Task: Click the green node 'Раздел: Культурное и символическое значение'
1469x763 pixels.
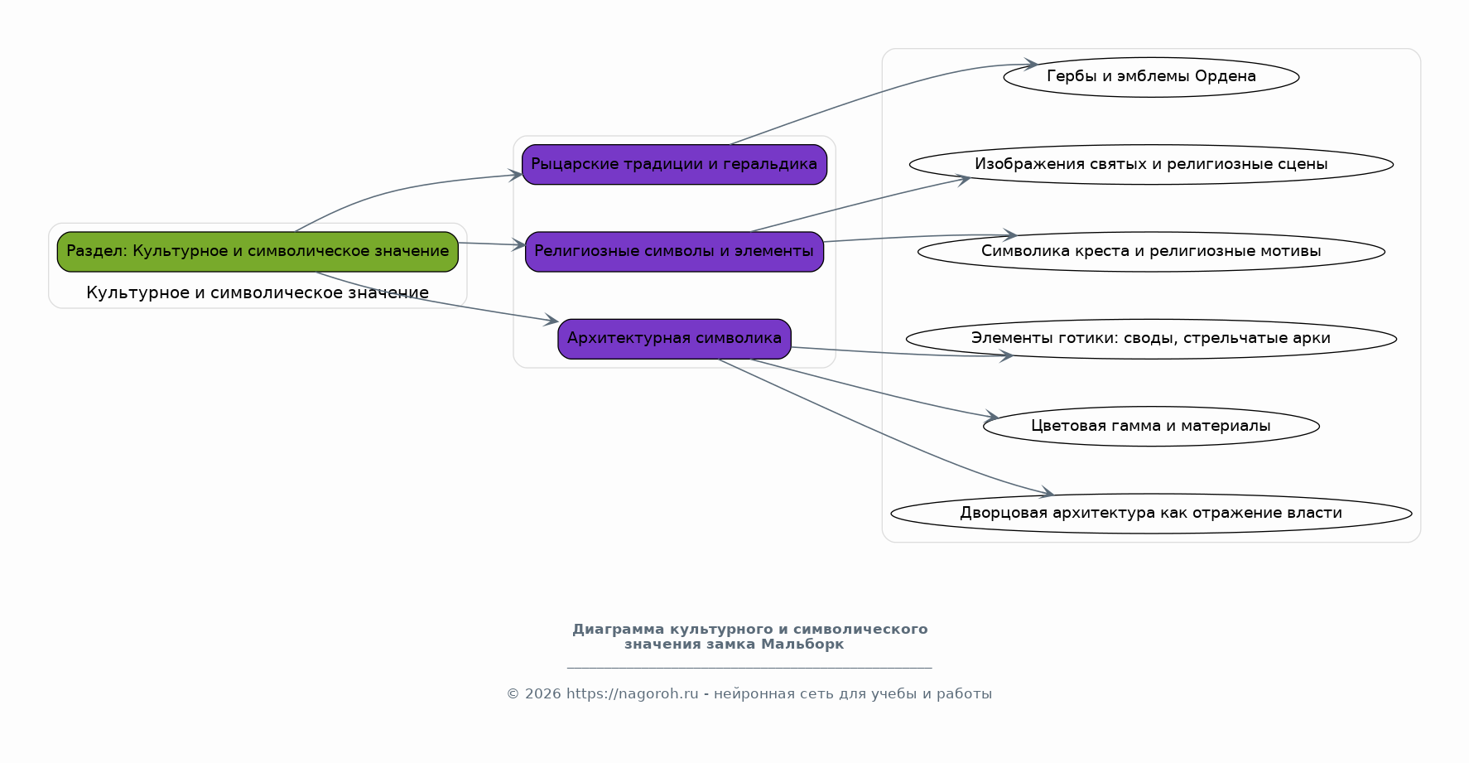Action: click(258, 251)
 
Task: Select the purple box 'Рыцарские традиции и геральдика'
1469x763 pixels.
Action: click(674, 164)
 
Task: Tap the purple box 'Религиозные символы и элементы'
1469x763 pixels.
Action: click(674, 251)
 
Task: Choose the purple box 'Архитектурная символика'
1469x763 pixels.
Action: click(674, 338)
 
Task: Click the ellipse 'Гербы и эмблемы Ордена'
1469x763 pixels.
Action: click(1151, 77)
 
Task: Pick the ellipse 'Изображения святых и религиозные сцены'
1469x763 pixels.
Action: click(1151, 164)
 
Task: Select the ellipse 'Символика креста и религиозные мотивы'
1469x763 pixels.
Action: click(1151, 251)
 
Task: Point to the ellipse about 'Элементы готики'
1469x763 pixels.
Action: click(1151, 338)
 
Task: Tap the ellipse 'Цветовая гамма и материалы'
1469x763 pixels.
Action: click(1151, 426)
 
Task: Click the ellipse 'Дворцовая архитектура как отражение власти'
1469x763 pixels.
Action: click(1151, 513)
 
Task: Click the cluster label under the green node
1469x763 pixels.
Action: click(258, 292)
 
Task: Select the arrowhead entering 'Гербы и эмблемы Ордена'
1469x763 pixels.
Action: click(1030, 64)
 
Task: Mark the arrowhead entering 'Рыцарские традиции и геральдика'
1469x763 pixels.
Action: click(515, 175)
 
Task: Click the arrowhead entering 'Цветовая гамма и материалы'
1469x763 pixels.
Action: click(991, 417)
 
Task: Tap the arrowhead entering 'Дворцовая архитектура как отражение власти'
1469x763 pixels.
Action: click(1046, 494)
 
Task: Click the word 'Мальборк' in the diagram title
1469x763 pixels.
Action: click(802, 645)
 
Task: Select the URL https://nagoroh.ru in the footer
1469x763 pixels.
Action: click(633, 694)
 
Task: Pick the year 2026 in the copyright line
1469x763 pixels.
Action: click(543, 694)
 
